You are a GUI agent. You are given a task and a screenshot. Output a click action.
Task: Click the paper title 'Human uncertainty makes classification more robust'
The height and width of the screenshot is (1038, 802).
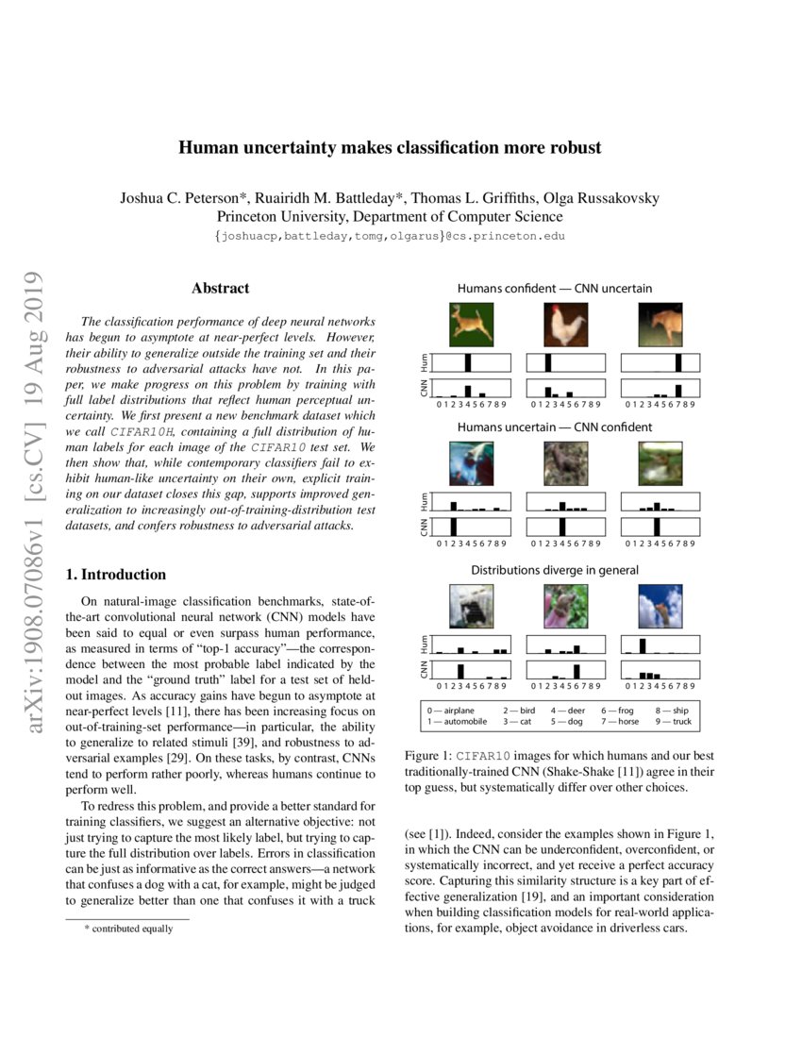390,148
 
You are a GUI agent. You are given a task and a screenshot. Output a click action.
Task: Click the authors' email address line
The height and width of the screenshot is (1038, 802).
390,235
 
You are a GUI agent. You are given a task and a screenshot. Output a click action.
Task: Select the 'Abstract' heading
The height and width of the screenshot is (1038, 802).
220,288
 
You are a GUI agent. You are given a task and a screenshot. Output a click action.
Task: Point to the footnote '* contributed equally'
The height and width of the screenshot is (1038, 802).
128,929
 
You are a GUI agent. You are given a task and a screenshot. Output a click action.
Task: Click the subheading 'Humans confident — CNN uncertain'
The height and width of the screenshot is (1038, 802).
555,288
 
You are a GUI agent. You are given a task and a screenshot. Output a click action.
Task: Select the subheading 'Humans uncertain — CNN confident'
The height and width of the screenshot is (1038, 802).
555,427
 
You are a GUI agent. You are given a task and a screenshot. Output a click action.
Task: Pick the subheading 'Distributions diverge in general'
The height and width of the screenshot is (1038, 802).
555,570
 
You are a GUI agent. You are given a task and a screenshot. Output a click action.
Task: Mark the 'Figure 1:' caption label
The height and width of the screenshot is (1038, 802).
428,756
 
